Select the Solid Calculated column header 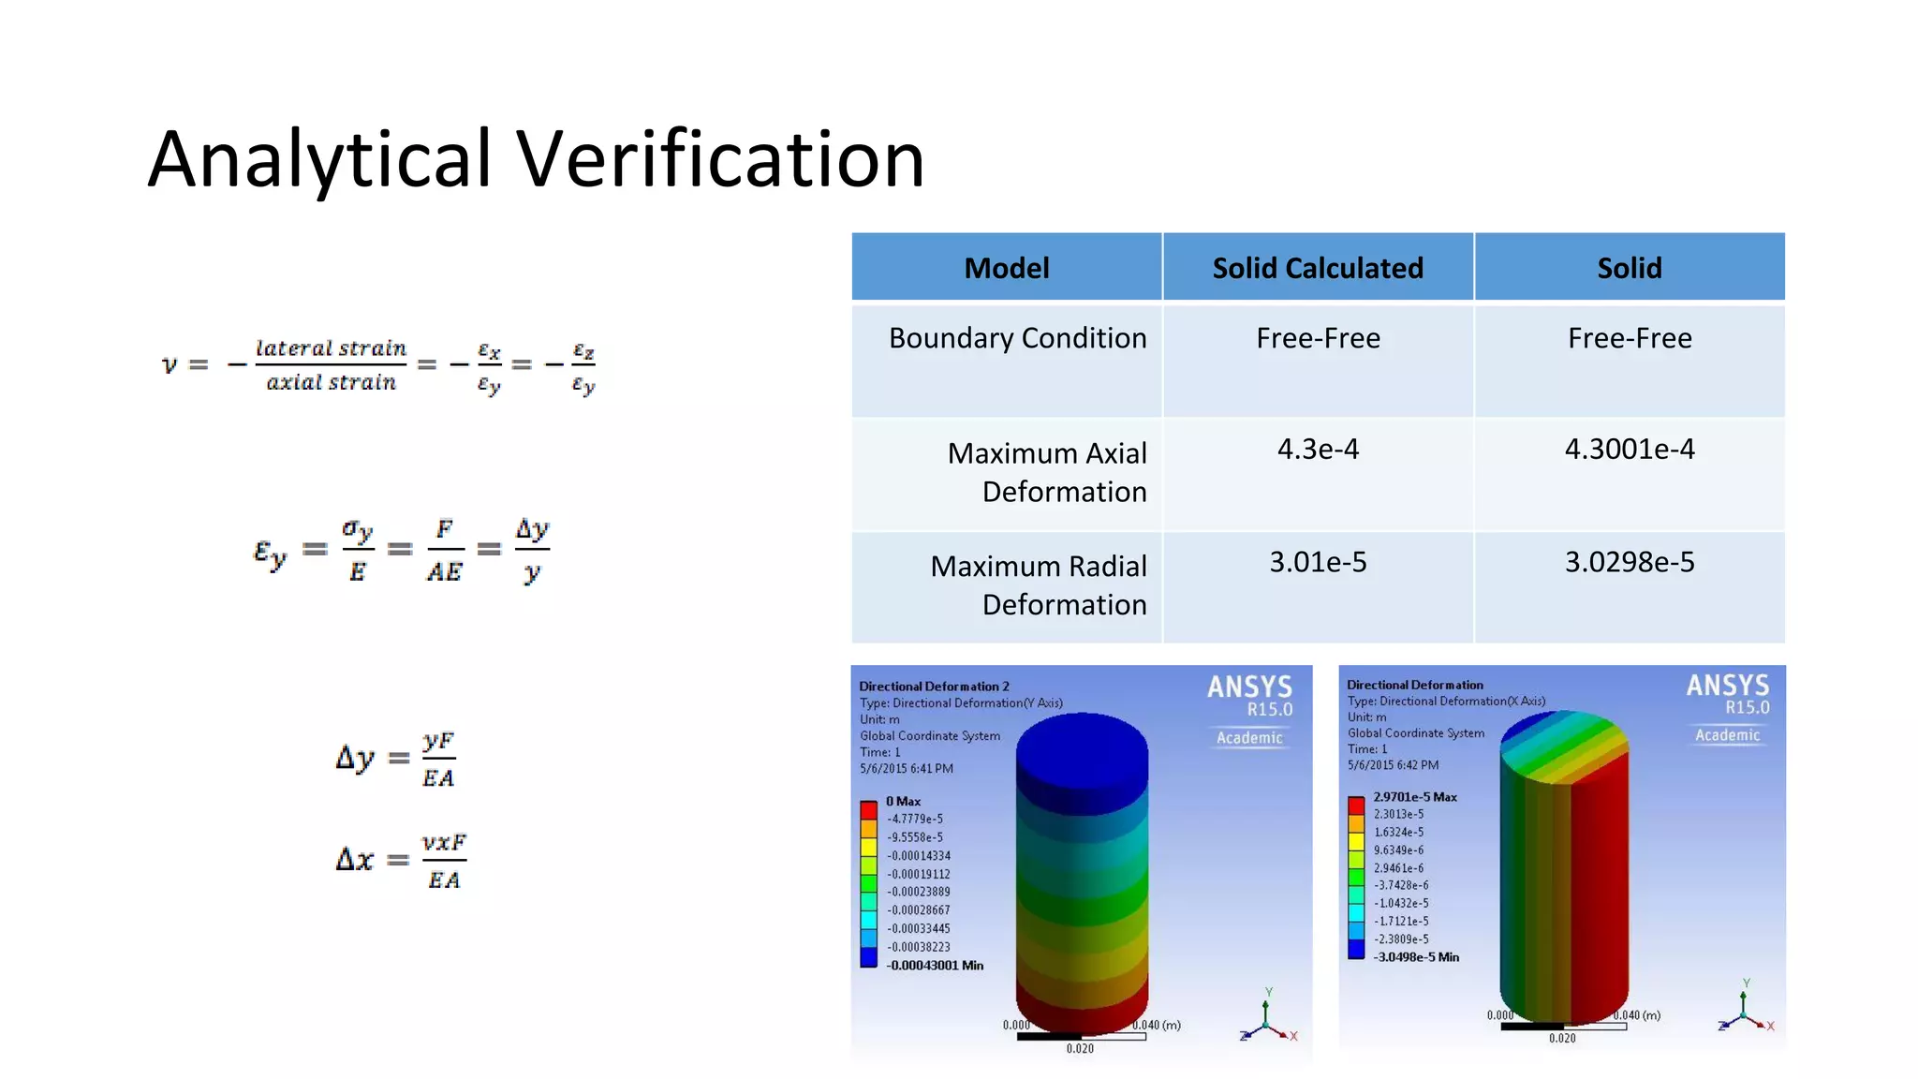click(x=1317, y=269)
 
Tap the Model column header click(x=1007, y=269)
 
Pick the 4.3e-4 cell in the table click(x=1317, y=450)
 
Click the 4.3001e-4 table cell click(x=1629, y=450)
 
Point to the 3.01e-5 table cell click(x=1317, y=562)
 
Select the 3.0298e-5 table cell click(x=1629, y=562)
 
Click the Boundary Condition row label click(x=1017, y=338)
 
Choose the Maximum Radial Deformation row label click(x=1038, y=585)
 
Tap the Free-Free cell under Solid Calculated click(x=1317, y=338)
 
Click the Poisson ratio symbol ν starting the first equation click(x=170, y=364)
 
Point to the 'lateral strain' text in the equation click(x=331, y=348)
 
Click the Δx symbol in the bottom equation click(x=355, y=859)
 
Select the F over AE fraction click(x=445, y=551)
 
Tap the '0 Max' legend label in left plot click(x=903, y=802)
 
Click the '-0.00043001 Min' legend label click(x=935, y=966)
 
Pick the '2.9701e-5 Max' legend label click(x=1414, y=797)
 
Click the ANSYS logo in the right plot click(x=1727, y=687)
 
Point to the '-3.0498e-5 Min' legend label click(x=1415, y=957)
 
